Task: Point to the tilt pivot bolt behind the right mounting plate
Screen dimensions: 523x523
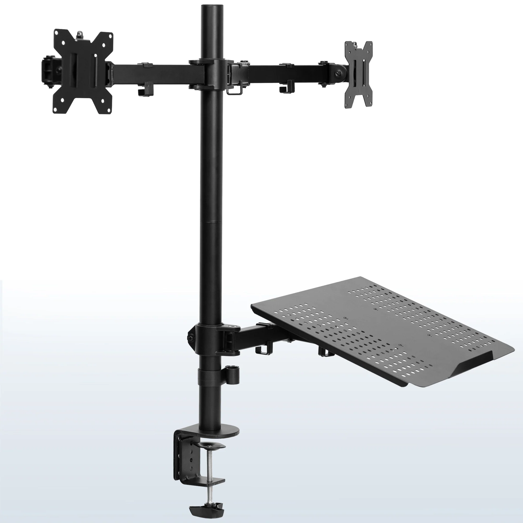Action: (x=338, y=73)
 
